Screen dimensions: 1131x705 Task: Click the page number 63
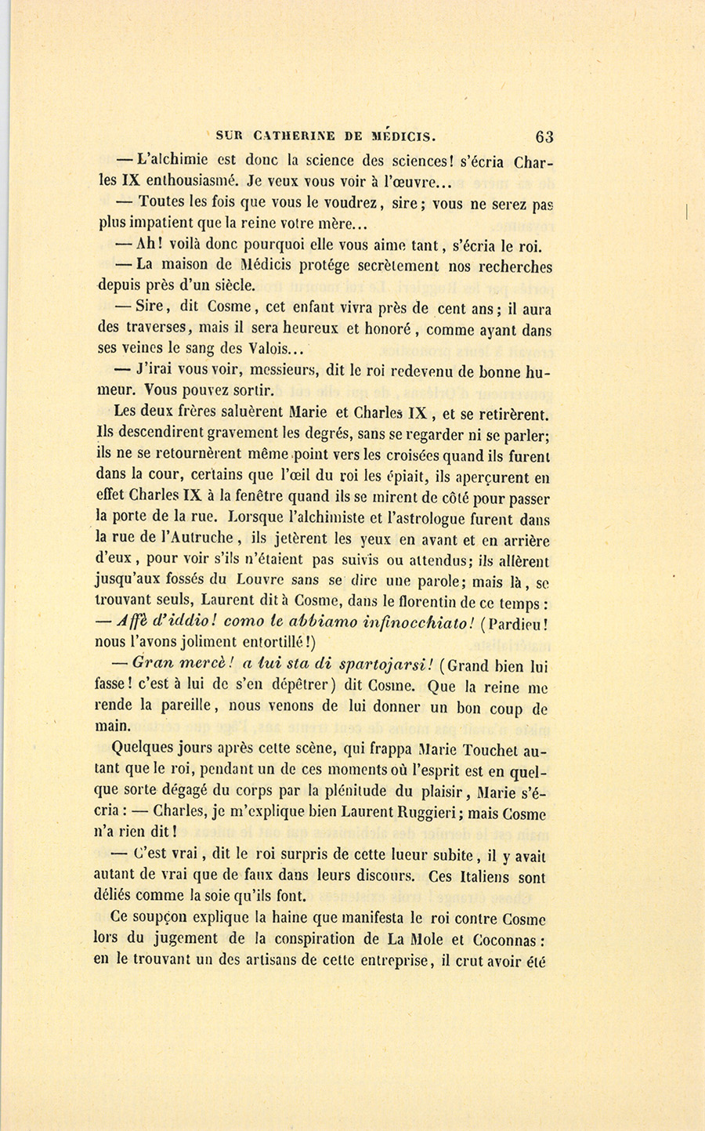(544, 136)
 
